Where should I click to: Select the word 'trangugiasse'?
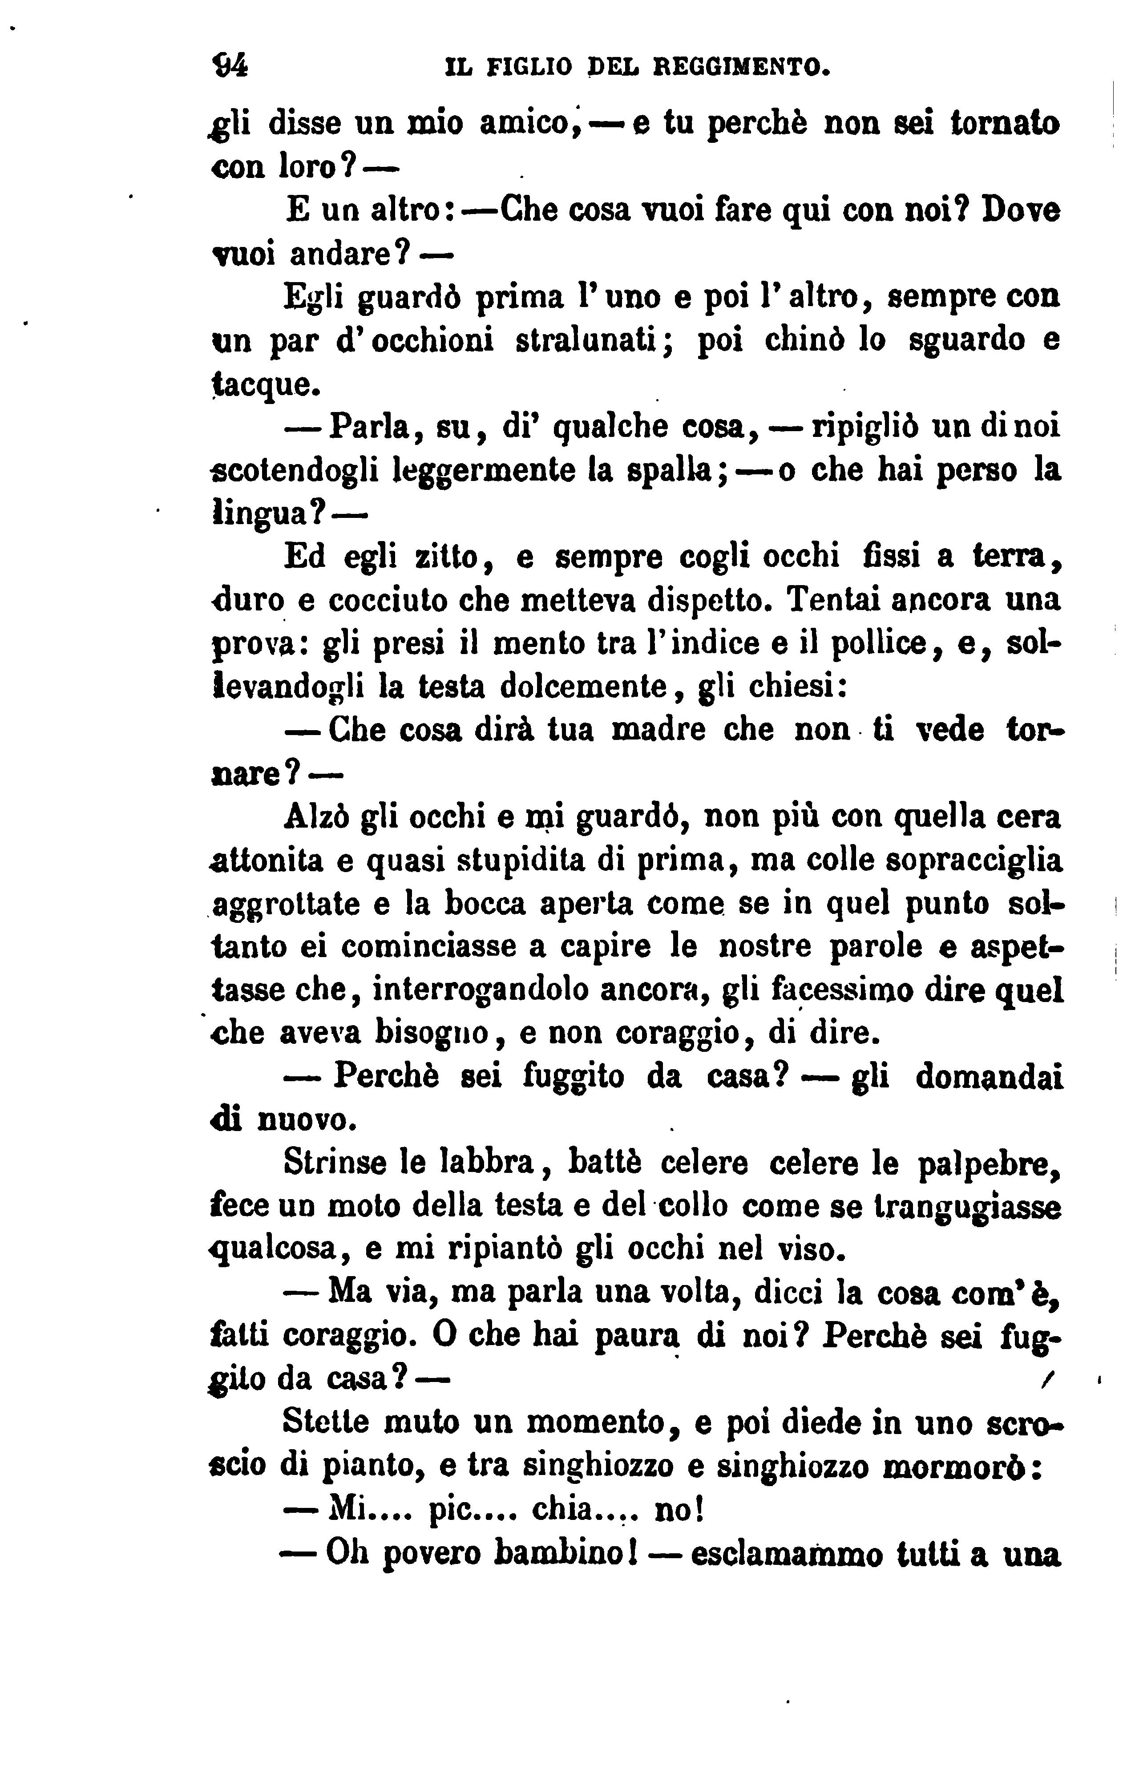967,1208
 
